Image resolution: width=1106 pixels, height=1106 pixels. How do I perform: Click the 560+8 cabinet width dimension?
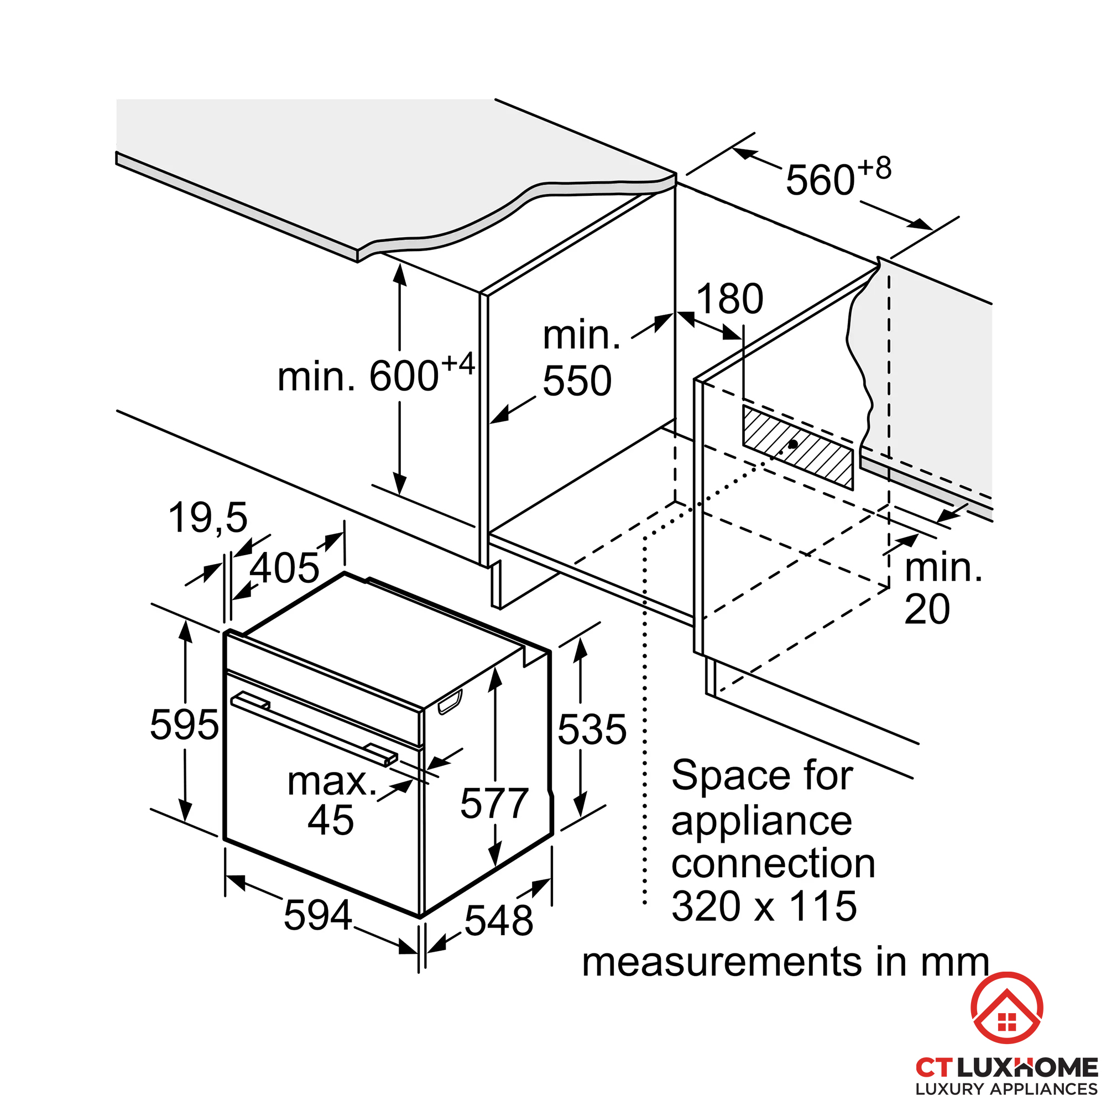tap(838, 177)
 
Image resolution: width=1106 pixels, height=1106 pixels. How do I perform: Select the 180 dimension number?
tap(729, 299)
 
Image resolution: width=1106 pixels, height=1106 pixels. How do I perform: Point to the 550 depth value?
tap(577, 380)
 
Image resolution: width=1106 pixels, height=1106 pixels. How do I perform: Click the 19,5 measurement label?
tap(208, 518)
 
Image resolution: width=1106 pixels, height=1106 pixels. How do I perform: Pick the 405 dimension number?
tap(284, 568)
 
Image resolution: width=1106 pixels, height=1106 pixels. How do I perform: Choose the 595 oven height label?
tap(184, 725)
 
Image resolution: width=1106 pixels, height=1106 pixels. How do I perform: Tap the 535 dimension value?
tap(592, 729)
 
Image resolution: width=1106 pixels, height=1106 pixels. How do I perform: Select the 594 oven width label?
tap(318, 915)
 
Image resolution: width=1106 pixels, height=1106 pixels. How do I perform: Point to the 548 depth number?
tap(499, 921)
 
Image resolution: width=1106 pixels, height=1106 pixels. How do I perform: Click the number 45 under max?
tap(331, 820)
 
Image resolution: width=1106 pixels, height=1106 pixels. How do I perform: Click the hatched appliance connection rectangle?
tap(798, 447)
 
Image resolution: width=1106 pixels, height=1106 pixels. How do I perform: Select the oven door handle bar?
tap(314, 728)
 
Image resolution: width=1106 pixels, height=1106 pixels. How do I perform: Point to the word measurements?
tap(722, 962)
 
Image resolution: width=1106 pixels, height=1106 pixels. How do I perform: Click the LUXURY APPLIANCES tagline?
tap(1007, 1089)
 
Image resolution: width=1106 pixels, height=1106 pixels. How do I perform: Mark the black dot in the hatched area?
tap(794, 444)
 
